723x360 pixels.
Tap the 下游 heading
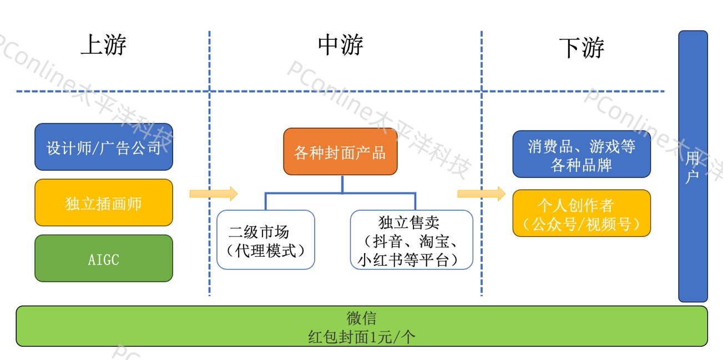[581, 47]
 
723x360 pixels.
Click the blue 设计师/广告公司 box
[104, 147]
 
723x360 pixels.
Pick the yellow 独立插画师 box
[104, 203]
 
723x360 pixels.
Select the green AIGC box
[104, 258]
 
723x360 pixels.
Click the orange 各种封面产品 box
[340, 152]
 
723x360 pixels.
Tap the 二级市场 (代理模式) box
[266, 240]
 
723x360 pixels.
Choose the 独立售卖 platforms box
[411, 240]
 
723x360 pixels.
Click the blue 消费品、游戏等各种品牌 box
[582, 154]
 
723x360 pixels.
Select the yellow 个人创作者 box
[582, 214]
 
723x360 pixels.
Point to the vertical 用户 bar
[692, 166]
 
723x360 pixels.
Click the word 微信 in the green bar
[361, 318]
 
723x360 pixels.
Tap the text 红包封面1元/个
[361, 336]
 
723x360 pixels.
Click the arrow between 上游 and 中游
[213, 194]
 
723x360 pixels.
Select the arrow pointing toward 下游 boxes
[481, 194]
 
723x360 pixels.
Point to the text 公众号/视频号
[582, 224]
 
